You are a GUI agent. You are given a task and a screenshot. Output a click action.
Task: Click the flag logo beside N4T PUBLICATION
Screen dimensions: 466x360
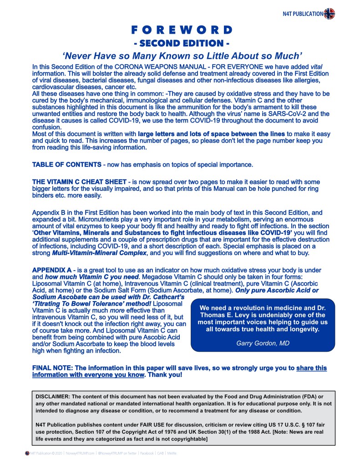(x=330, y=14)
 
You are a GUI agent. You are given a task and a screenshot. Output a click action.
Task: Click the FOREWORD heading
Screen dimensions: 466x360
(x=182, y=31)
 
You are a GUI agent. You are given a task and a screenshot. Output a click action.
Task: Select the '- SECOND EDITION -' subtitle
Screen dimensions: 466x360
(x=182, y=44)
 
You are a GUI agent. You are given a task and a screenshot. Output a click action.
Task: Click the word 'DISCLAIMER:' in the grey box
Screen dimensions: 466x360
(x=53, y=396)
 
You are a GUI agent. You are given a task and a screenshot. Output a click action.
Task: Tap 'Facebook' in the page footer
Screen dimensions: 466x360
(x=147, y=453)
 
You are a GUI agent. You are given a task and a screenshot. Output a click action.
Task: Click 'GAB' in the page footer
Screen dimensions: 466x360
(x=160, y=453)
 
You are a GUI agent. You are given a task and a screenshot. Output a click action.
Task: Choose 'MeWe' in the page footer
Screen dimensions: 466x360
(x=172, y=453)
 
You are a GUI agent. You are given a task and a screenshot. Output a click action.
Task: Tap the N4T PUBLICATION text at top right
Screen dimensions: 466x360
(x=303, y=14)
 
